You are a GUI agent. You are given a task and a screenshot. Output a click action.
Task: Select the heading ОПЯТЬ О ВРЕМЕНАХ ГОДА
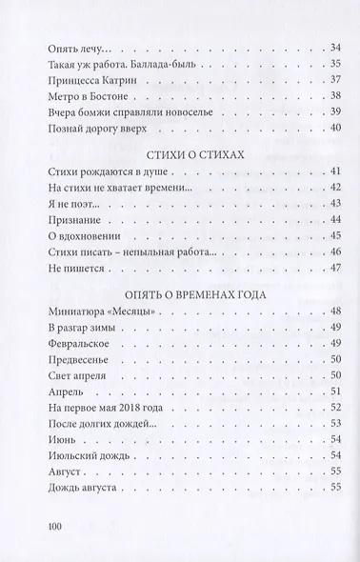[179, 295]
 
